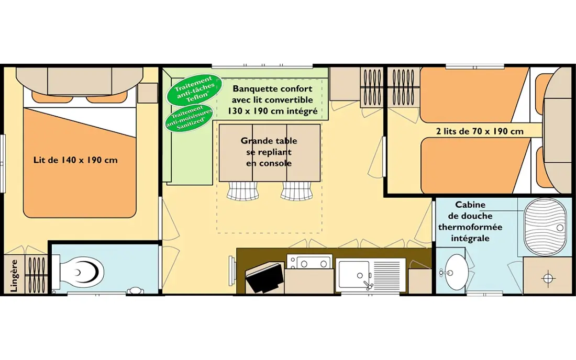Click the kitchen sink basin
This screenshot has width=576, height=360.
coord(354,274)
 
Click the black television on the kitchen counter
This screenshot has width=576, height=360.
coord(265,277)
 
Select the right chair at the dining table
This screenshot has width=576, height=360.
coord(297,191)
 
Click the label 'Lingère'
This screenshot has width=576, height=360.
coord(14,276)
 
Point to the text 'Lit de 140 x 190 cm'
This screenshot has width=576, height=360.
coord(75,160)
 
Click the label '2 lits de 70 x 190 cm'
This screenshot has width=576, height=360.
coord(480,131)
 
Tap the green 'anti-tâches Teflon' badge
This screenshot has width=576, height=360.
coord(194,90)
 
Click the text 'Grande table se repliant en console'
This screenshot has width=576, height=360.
coord(269,152)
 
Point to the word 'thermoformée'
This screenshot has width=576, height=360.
coord(470,227)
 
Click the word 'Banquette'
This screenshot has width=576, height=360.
coord(254,89)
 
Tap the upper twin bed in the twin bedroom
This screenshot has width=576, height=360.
coord(474,95)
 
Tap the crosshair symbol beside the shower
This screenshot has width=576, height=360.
coord(548,278)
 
